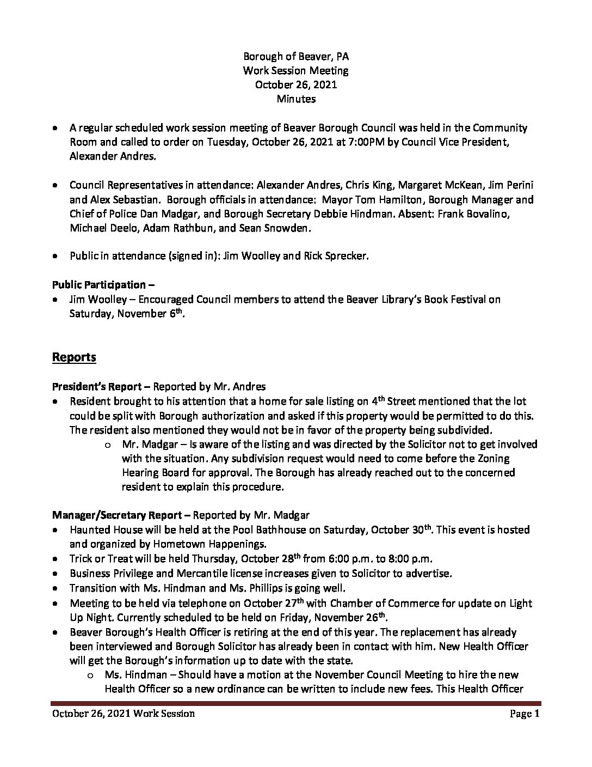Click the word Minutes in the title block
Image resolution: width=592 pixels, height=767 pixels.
tap(296, 99)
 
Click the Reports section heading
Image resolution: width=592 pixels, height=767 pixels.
tap(74, 357)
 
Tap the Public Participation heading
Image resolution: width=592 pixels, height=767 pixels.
tap(99, 285)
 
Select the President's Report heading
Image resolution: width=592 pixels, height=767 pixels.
tap(101, 387)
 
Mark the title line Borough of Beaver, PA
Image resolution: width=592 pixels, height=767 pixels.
tap(296, 56)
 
